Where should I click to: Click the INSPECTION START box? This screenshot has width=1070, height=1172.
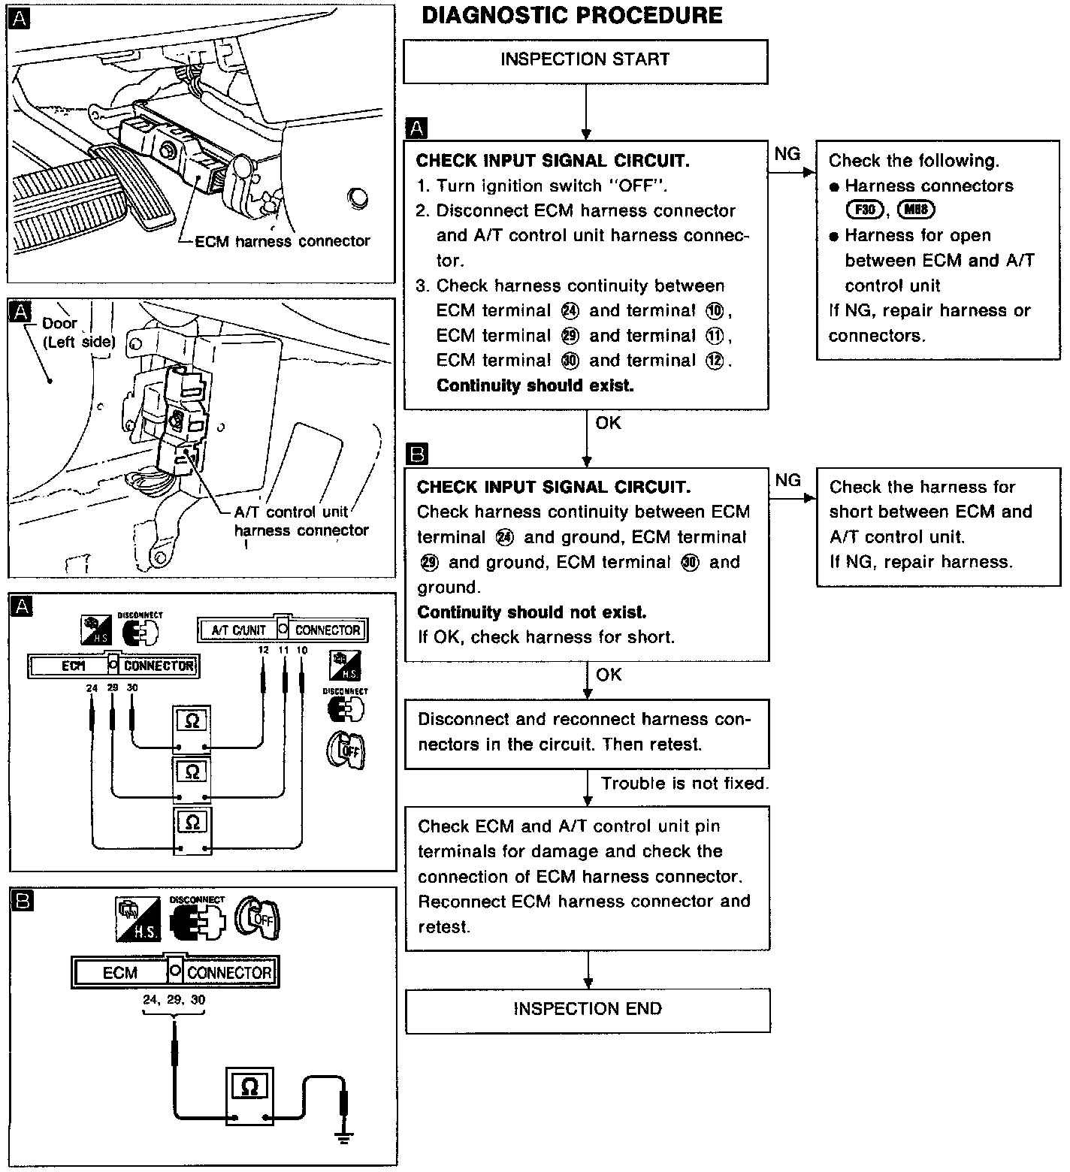(x=585, y=60)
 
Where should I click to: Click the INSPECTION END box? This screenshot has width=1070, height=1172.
(x=588, y=1009)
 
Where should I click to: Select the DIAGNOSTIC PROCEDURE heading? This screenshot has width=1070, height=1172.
(x=572, y=16)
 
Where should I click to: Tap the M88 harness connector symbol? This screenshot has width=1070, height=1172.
(x=916, y=210)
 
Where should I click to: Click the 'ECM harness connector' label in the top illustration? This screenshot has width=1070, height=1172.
(x=282, y=241)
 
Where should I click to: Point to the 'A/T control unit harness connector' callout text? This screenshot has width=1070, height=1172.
(x=301, y=521)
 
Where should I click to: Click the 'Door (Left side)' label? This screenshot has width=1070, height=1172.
(x=78, y=332)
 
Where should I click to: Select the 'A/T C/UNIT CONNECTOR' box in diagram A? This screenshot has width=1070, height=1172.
(x=283, y=630)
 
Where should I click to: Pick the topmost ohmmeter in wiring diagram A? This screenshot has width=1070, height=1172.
(x=192, y=726)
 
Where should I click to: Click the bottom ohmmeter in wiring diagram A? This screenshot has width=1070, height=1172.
(x=192, y=830)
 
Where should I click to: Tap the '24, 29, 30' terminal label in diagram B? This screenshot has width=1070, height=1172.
(x=174, y=1000)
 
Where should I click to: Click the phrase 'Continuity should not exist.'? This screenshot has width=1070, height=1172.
(x=531, y=612)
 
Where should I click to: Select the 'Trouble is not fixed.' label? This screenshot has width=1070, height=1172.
(x=684, y=784)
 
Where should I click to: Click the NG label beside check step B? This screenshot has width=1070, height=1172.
(x=787, y=480)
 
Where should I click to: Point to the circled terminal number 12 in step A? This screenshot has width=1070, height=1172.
(x=714, y=361)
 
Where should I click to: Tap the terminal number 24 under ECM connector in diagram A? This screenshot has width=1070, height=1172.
(x=92, y=687)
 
